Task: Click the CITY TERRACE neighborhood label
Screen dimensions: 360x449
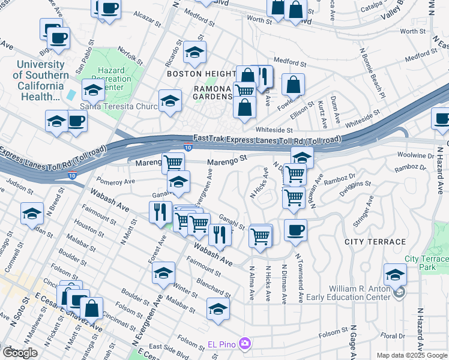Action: [375, 242]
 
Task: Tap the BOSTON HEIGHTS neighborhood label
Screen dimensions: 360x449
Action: [200, 74]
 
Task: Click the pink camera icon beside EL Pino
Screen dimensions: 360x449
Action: [245, 344]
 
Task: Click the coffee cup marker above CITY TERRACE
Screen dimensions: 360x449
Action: [295, 230]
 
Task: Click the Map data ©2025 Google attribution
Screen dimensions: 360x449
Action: [412, 355]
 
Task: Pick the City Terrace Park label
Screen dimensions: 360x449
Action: [426, 263]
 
